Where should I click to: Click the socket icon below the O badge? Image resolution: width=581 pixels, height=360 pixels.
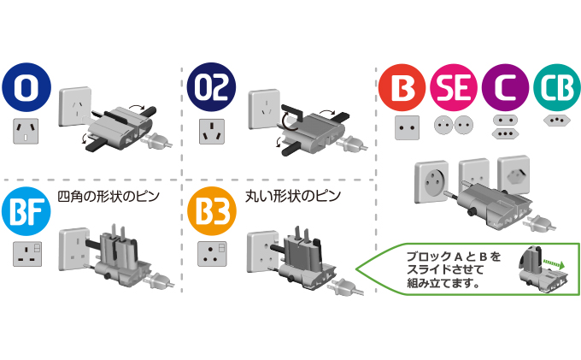tap(26, 132)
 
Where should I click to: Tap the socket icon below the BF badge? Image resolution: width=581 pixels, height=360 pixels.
tap(27, 254)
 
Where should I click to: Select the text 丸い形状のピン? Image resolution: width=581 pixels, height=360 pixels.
tap(293, 197)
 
